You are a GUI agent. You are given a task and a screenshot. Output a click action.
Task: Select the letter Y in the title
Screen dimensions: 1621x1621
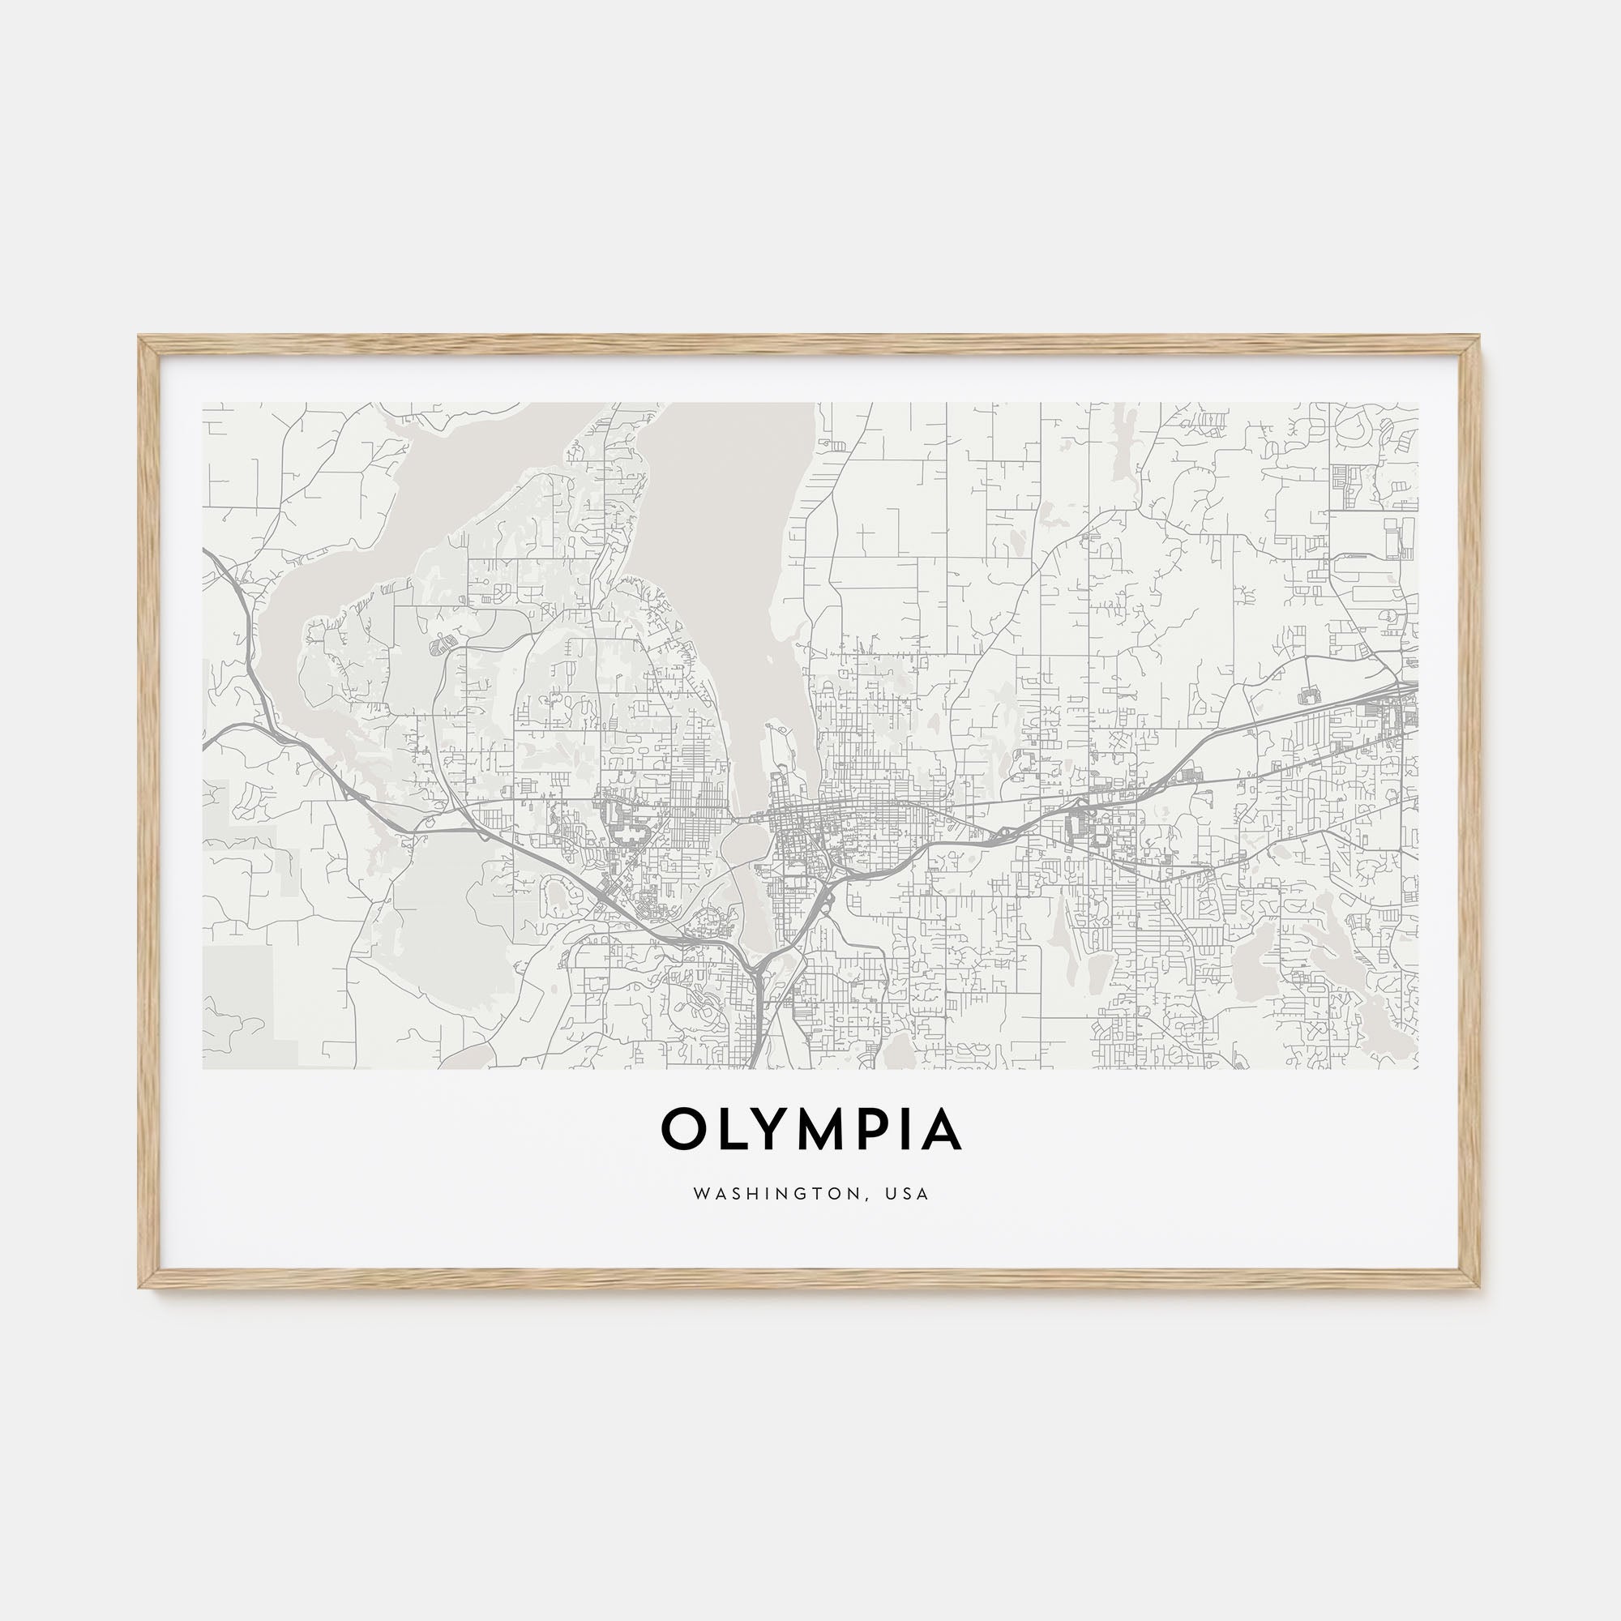[771, 1129]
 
